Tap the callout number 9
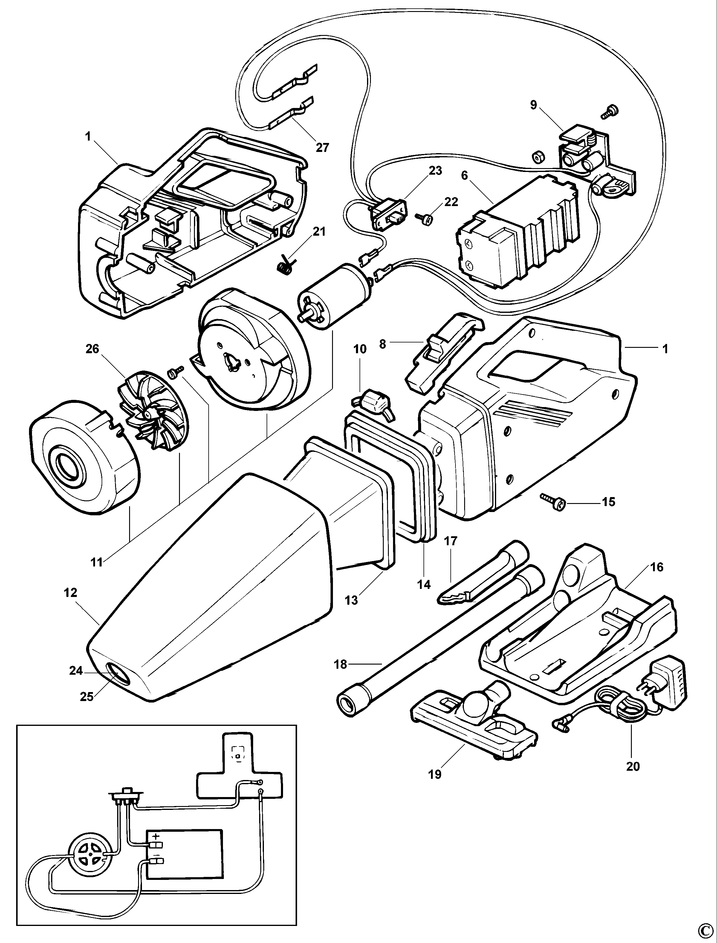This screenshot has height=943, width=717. point(533,105)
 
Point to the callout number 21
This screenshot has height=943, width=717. point(319,231)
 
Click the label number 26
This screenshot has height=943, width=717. point(92,349)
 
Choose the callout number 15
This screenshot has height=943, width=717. point(609,502)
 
